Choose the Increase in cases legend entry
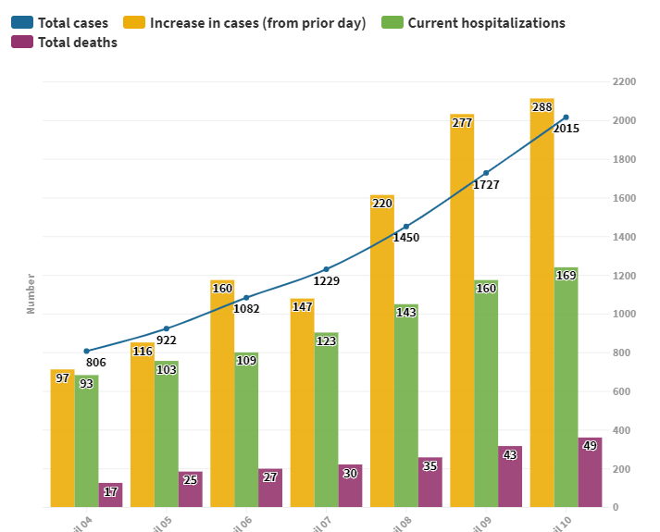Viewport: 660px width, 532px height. (245, 23)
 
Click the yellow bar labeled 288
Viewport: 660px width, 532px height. (542, 305)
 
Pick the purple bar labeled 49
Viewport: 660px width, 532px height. (590, 472)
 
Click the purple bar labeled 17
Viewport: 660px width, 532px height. (110, 495)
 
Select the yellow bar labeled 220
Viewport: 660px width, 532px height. (381, 352)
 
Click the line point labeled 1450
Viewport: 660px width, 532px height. (405, 227)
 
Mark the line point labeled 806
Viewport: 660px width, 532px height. (86, 351)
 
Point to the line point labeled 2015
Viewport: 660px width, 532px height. (566, 118)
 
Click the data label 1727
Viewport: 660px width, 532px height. (486, 185)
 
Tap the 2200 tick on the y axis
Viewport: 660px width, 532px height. (624, 82)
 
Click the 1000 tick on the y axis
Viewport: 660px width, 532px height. (624, 315)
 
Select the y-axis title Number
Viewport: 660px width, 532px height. (31, 293)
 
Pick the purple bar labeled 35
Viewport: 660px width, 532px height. (430, 483)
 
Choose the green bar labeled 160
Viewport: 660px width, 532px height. (485, 393)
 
